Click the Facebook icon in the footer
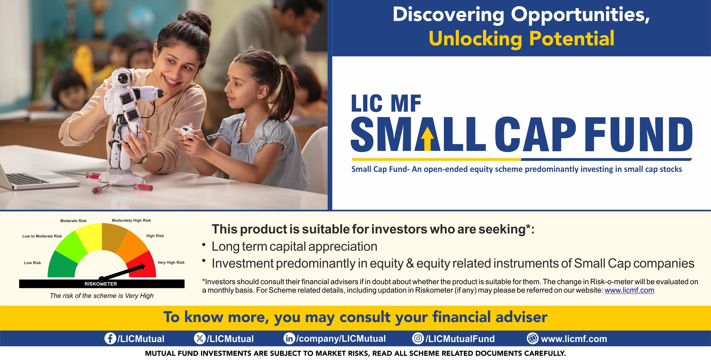tap(110, 338)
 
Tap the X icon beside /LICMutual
tap(200, 338)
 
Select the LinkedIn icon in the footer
tap(289, 338)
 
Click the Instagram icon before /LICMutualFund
tap(418, 338)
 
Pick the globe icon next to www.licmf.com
tap(533, 338)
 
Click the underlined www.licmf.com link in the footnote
tap(629, 290)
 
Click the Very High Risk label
tap(171, 263)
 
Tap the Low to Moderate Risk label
tap(42, 236)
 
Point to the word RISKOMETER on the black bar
tap(101, 284)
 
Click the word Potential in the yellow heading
tap(572, 39)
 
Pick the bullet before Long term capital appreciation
tap(204, 245)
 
